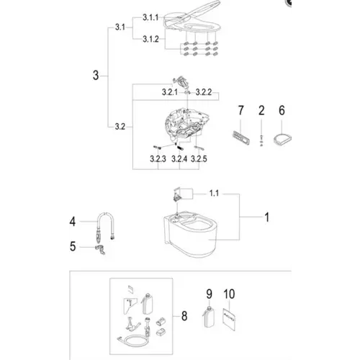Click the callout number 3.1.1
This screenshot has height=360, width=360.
coord(150,17)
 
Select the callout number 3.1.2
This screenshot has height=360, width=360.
coord(150,39)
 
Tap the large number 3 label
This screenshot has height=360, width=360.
coord(96,76)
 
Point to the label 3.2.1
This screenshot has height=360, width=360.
coord(170,92)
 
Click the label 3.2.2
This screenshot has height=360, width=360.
coord(204,92)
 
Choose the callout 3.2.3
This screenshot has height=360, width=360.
coord(158,158)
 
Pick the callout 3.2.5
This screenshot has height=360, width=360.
coord(199,158)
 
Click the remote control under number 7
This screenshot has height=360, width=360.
coord(240,138)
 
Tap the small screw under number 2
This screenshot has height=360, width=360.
coord(261,140)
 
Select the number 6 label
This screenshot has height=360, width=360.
coord(282,110)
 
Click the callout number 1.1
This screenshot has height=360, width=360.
coord(214,193)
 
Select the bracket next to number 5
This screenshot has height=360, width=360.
coord(100,250)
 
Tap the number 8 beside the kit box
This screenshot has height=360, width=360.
coord(184,316)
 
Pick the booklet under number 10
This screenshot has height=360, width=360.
coord(229,320)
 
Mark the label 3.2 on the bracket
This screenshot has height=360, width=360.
coord(120,127)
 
